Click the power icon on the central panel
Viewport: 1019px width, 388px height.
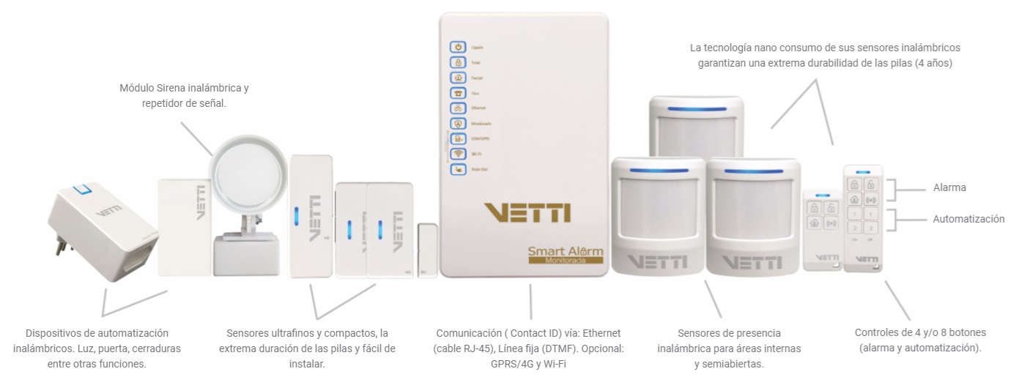pyautogui.click(x=458, y=47)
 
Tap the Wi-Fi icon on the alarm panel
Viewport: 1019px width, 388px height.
pyautogui.click(x=458, y=154)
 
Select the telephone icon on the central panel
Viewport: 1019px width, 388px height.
pyautogui.click(x=458, y=93)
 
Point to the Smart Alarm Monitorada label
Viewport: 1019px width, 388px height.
pyautogui.click(x=566, y=255)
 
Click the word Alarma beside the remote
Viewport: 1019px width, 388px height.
pyautogui.click(x=949, y=187)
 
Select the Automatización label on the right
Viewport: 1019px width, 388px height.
pyautogui.click(x=968, y=219)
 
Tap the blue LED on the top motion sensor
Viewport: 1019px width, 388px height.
pyautogui.click(x=696, y=111)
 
